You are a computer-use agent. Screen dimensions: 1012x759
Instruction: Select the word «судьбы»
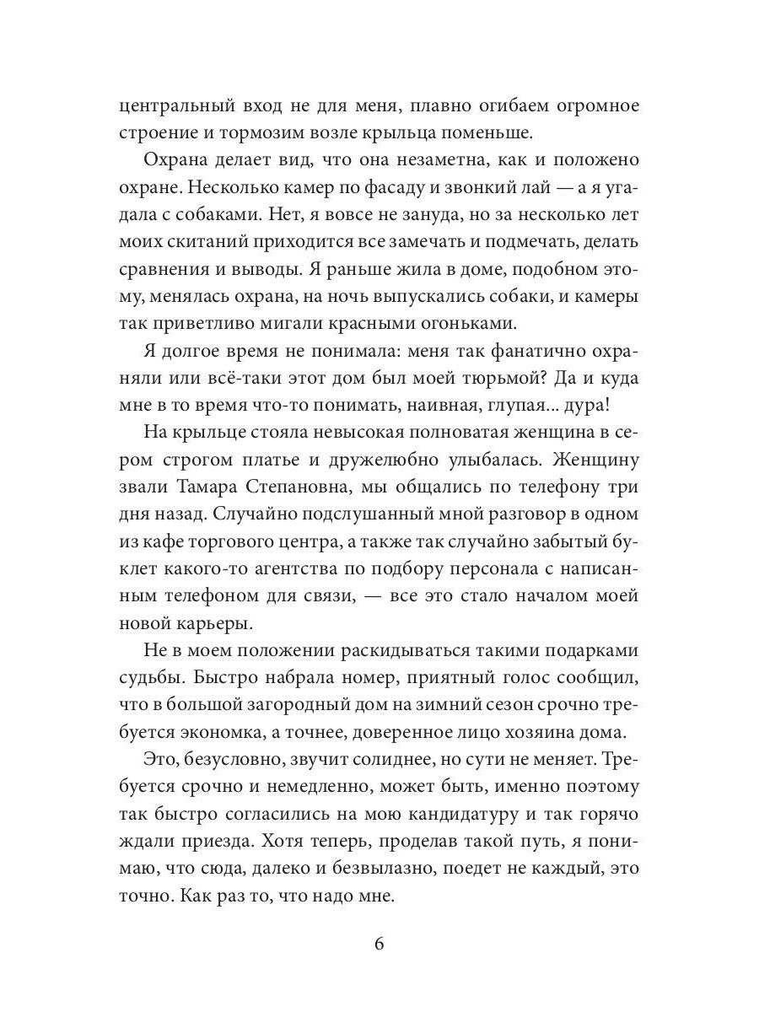click(149, 681)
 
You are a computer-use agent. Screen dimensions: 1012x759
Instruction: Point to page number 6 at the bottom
click(379, 944)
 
